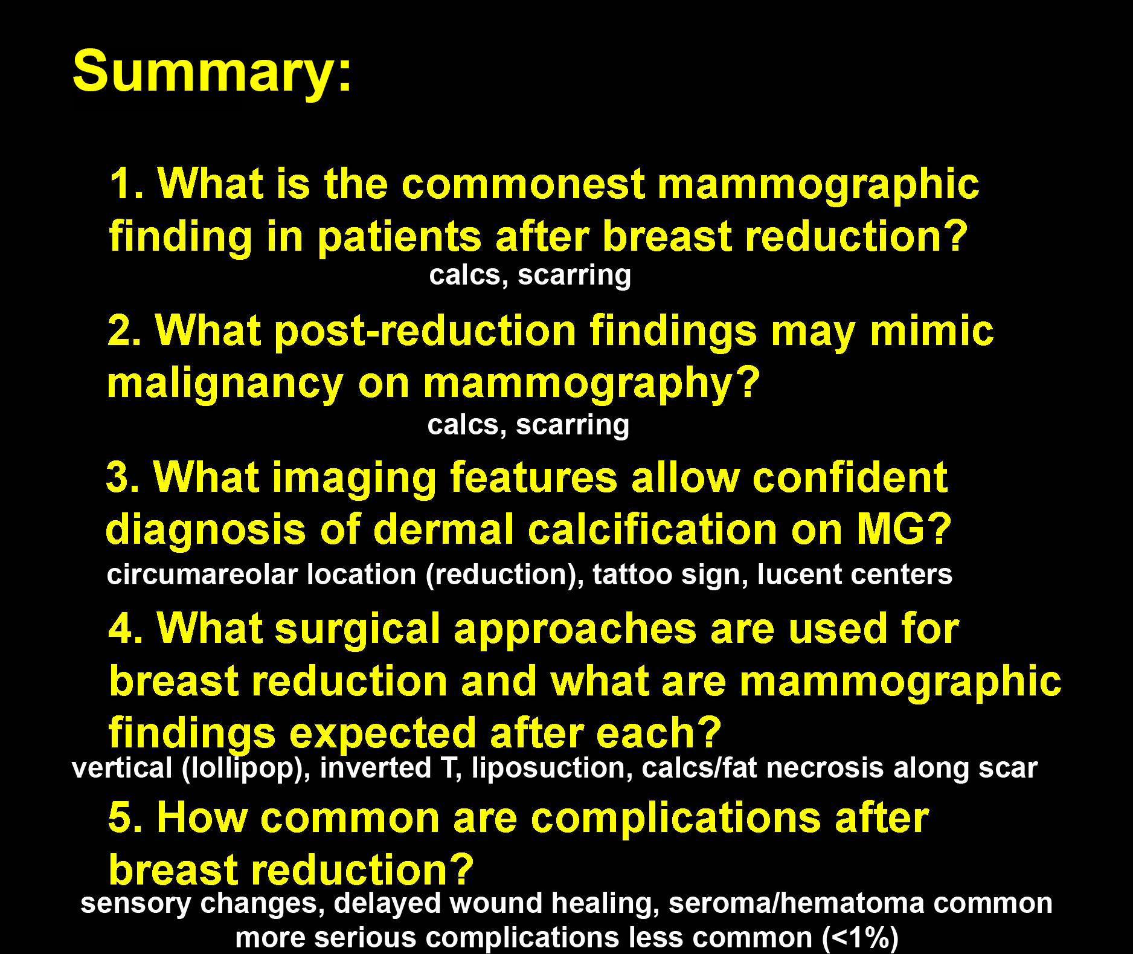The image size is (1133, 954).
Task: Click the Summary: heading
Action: [212, 72]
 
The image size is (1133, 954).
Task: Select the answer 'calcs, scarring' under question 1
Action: [530, 275]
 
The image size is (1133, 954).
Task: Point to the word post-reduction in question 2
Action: [425, 332]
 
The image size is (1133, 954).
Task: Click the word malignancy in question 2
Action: [224, 384]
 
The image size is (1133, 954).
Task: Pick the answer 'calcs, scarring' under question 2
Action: [528, 425]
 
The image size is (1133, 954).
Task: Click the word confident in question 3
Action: [850, 478]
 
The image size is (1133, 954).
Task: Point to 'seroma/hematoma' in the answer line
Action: [797, 903]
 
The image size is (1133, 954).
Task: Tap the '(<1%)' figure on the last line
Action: [860, 938]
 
